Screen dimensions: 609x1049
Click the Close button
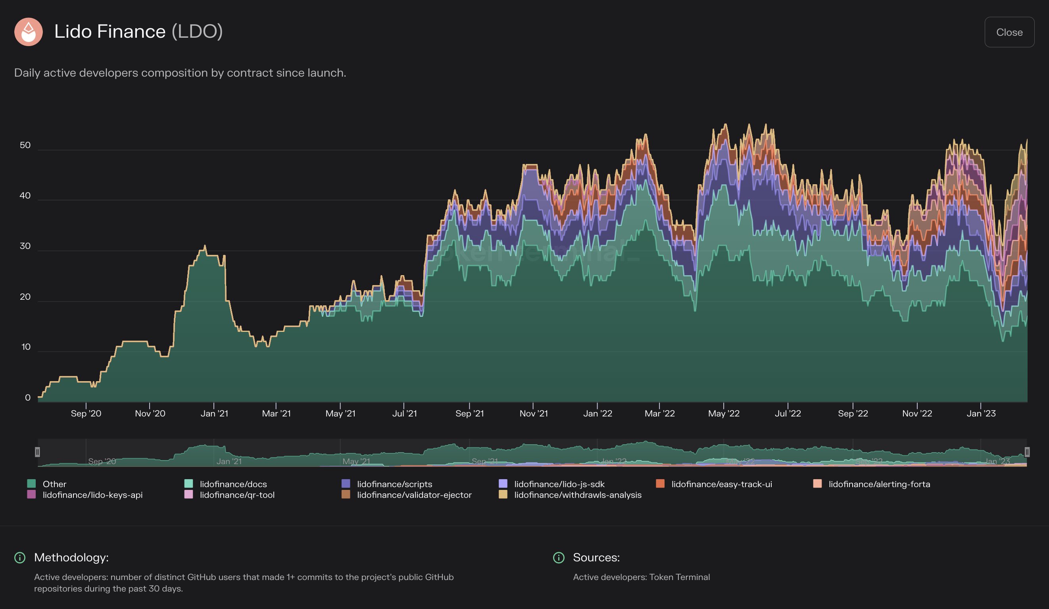coord(1009,32)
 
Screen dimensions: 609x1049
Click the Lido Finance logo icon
coord(28,32)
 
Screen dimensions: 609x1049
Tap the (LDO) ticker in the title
coord(197,32)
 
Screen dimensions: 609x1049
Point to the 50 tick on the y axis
coord(25,145)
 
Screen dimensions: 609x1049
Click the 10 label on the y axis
coord(26,347)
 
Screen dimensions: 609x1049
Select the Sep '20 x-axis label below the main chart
coord(86,413)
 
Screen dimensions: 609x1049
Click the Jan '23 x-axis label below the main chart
coord(981,413)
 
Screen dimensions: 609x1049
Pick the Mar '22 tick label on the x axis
coord(659,413)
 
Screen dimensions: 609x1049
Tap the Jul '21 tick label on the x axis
coord(404,413)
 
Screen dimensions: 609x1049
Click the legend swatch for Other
coord(31,484)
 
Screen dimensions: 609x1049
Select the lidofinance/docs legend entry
coord(233,484)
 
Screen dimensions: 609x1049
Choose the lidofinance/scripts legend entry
coord(394,484)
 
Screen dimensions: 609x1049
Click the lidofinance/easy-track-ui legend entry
coord(721,484)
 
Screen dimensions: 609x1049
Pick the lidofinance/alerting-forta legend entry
coord(879,484)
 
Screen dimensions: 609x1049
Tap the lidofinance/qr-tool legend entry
coord(237,495)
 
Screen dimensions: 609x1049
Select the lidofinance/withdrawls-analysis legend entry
coord(577,495)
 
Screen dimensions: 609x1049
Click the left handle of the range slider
coord(37,451)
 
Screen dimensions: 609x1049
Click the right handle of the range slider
coord(1027,451)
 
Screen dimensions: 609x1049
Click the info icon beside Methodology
coord(20,557)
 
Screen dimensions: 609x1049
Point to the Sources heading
coord(596,557)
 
